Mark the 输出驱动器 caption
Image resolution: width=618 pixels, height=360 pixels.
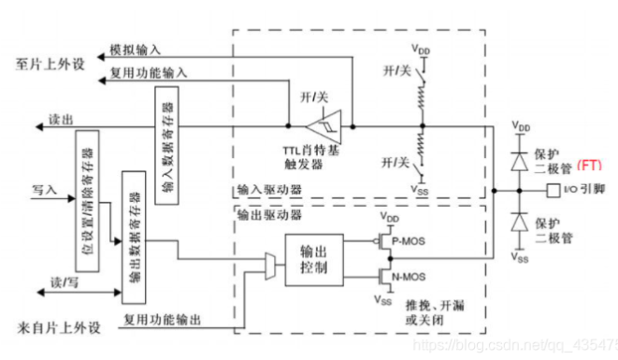click(265, 214)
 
